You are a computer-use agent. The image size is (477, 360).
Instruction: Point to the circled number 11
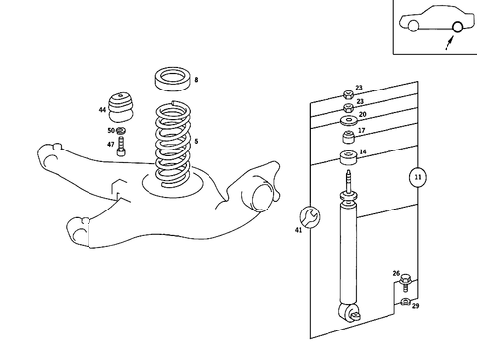[417, 177]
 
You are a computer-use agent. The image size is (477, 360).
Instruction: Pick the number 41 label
[298, 230]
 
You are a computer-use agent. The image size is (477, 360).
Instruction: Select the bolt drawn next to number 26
[405, 284]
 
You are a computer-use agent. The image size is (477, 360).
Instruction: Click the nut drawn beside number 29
[405, 304]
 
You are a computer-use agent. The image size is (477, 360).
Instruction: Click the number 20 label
[362, 114]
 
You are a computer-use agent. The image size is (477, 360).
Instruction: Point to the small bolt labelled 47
[121, 148]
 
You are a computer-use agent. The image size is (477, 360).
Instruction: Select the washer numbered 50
[121, 130]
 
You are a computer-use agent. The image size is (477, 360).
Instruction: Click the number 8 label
[196, 79]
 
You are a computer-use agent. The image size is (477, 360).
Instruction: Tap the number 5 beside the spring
[196, 142]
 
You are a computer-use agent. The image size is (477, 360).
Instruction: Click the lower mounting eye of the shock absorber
[347, 314]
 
